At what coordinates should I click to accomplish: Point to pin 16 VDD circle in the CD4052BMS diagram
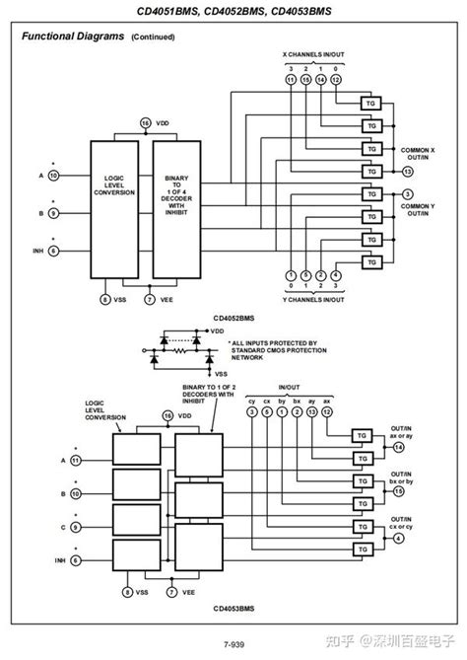tap(147, 122)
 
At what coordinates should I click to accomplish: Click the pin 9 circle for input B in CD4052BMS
tap(53, 212)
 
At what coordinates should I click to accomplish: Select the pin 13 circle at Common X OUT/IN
tap(407, 172)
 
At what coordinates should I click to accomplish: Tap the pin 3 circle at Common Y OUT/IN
tap(407, 193)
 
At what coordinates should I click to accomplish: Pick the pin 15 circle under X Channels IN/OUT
tap(305, 78)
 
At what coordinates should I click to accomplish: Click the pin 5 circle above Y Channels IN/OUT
tap(305, 275)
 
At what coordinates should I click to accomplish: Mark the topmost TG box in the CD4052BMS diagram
tap(372, 105)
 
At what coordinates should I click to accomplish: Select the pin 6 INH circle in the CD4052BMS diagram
tap(53, 252)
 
